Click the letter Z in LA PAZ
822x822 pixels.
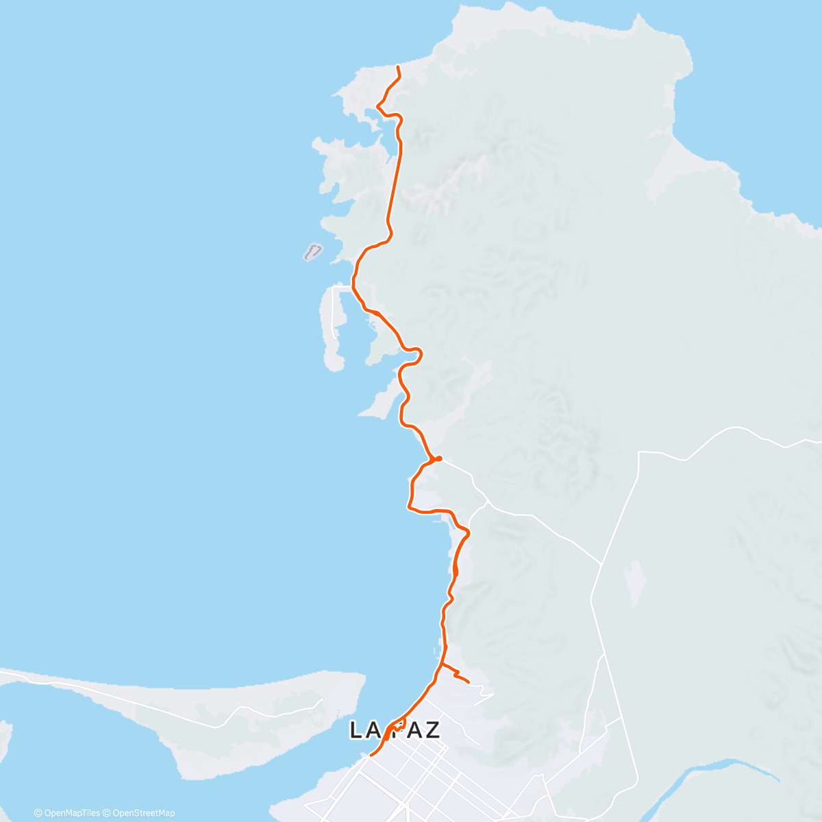[432, 730]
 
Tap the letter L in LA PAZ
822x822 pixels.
[356, 730]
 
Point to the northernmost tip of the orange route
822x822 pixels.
[398, 66]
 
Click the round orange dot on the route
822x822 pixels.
[438, 458]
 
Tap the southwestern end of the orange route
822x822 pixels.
[371, 755]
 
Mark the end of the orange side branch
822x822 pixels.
[468, 682]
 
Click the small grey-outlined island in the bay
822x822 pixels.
[312, 252]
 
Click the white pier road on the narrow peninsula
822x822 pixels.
[334, 308]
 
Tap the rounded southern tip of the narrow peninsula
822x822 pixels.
[334, 363]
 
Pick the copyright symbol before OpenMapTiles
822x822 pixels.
[38, 813]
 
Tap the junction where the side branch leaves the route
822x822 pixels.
[442, 664]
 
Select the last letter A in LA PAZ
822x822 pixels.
[411, 730]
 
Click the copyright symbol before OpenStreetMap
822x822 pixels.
[108, 813]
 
